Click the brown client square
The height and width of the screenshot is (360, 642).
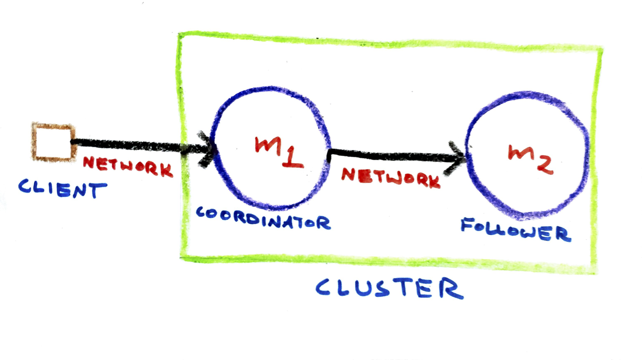click(x=53, y=142)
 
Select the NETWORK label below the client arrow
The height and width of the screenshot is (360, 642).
click(x=128, y=166)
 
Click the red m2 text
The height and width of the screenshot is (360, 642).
click(x=530, y=158)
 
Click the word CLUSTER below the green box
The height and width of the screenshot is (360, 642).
click(x=389, y=288)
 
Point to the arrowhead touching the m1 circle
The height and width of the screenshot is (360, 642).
click(x=207, y=149)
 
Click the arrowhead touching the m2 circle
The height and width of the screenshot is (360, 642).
click(x=456, y=158)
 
